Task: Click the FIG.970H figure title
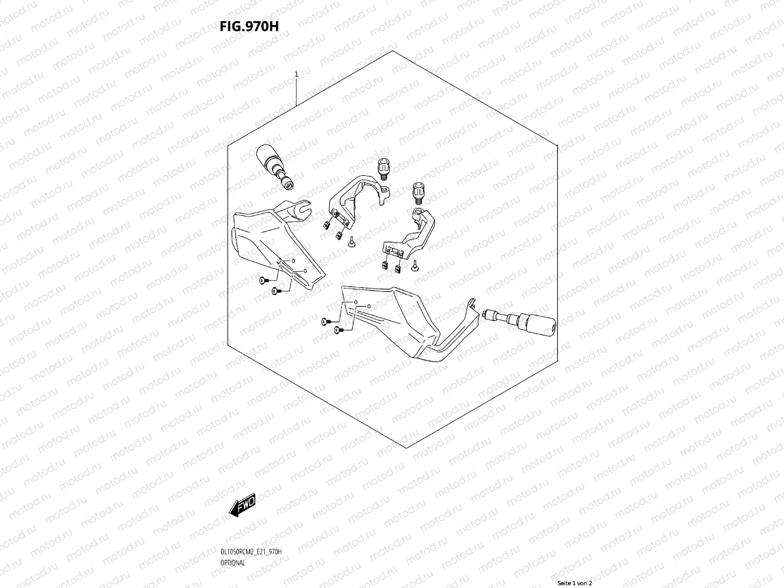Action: [249, 26]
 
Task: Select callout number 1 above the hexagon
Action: [296, 74]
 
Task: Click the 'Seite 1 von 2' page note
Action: [575, 583]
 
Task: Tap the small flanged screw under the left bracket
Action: [352, 242]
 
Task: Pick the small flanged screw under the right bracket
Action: [416, 267]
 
